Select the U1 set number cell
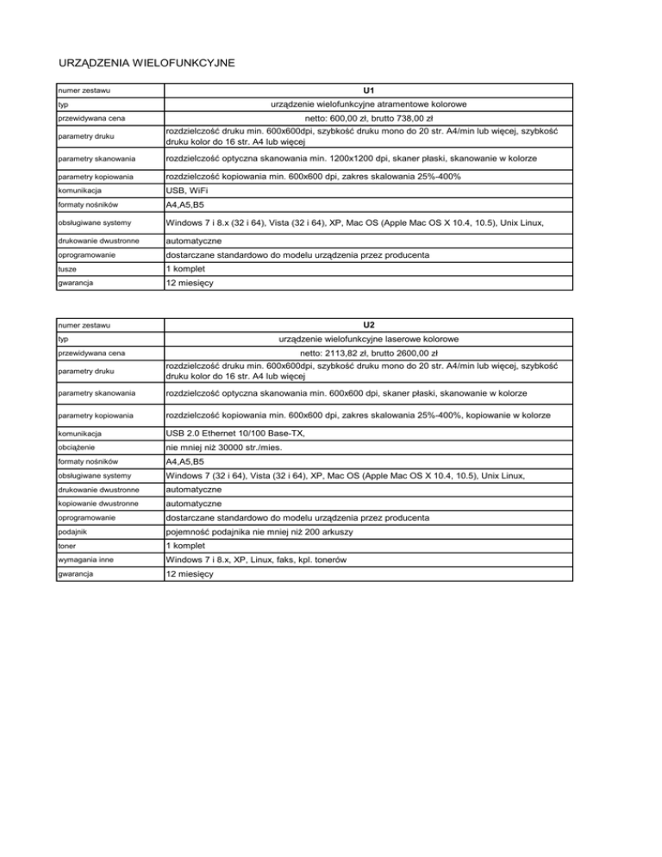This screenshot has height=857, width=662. (368, 90)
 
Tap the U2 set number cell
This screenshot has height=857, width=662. (368, 325)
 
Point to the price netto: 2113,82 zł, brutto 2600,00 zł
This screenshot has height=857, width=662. (368, 353)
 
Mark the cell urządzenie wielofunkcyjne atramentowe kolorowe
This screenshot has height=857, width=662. (368, 104)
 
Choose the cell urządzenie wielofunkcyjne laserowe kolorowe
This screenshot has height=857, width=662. (368, 339)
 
